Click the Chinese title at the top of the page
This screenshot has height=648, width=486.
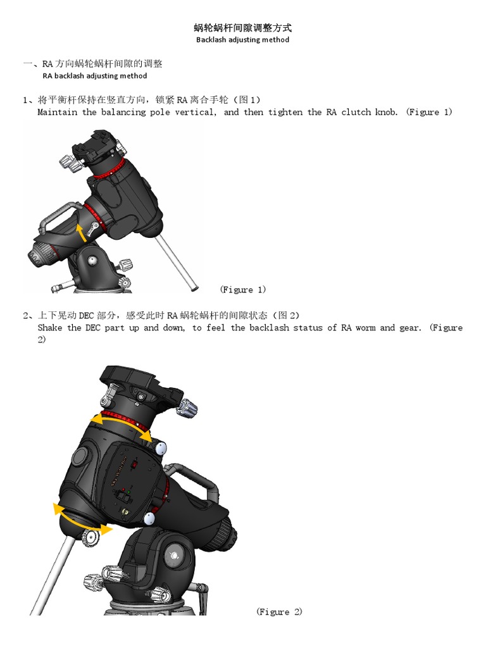click(242, 28)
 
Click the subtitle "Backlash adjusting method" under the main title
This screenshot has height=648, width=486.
click(242, 39)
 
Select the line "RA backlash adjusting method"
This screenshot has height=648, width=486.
click(94, 76)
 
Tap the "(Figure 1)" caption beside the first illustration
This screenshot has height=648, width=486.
click(243, 290)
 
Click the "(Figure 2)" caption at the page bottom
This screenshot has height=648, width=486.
click(279, 611)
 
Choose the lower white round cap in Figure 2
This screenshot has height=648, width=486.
click(149, 519)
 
